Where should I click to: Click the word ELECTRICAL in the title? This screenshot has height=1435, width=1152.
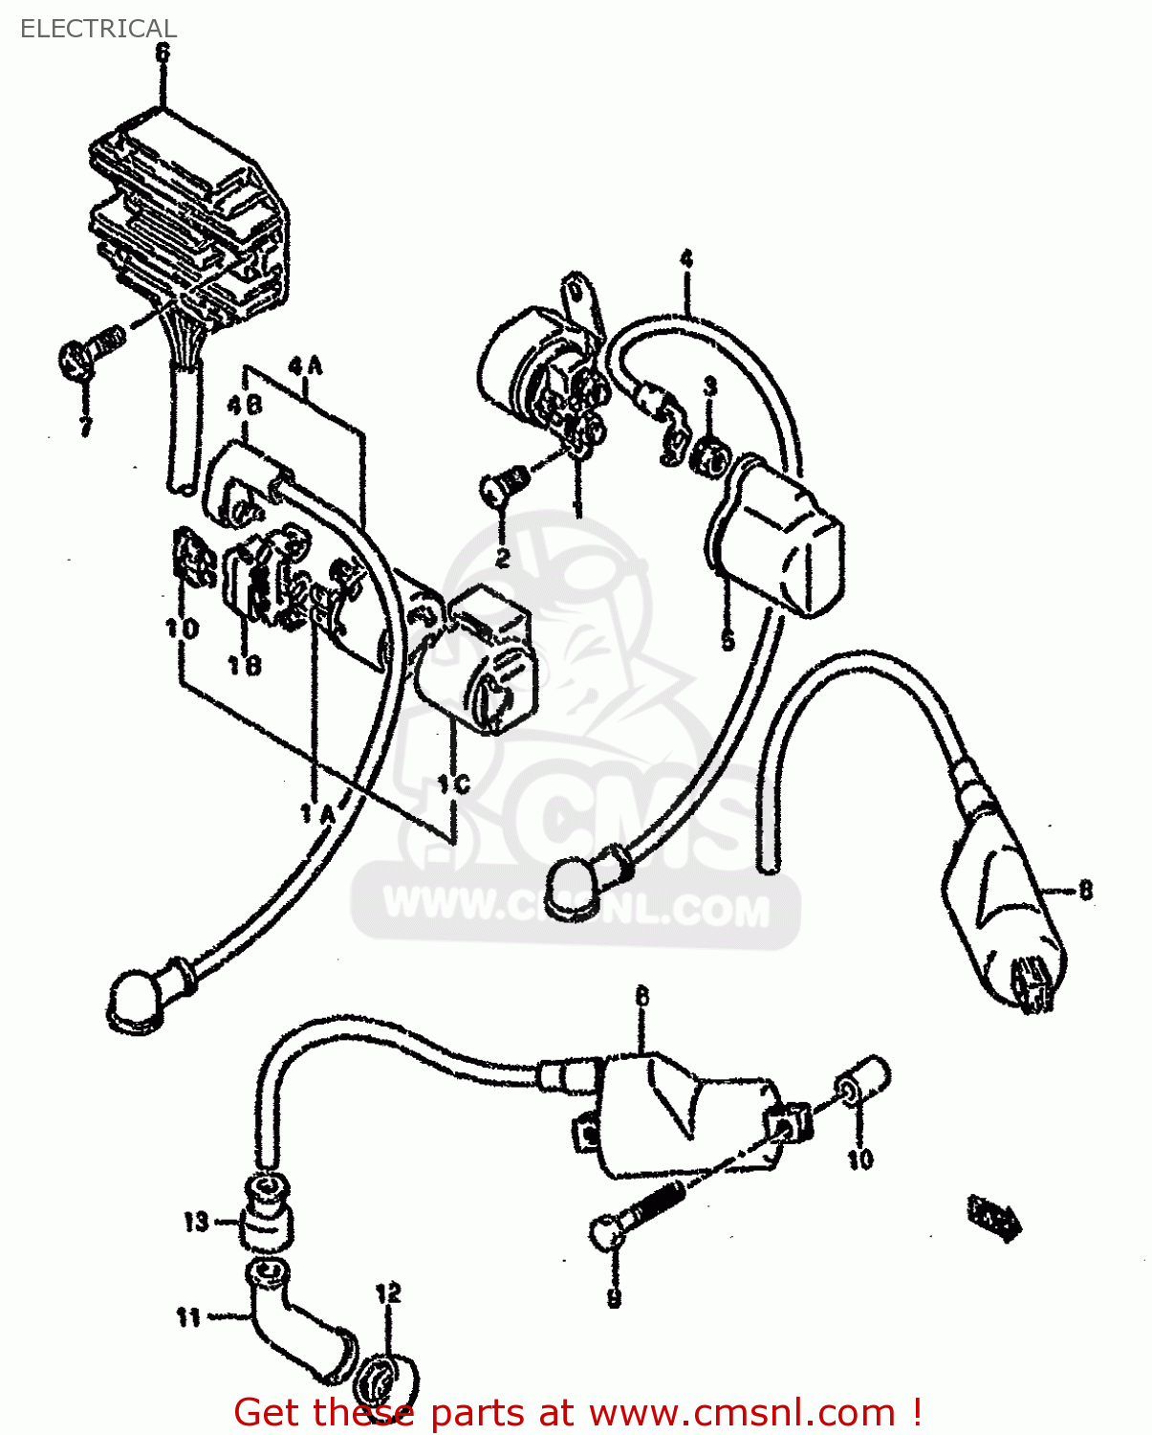click(98, 29)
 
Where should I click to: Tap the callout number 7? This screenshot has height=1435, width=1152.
click(86, 426)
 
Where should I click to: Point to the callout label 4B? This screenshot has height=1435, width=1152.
click(245, 406)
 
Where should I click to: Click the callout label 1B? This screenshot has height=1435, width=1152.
click(244, 664)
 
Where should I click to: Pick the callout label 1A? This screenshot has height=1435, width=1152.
click(317, 813)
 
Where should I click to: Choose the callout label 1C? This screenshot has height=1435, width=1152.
click(453, 784)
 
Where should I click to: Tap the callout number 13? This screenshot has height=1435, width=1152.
click(196, 1222)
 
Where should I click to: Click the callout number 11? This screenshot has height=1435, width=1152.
click(188, 1317)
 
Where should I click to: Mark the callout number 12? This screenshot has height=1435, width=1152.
click(388, 1293)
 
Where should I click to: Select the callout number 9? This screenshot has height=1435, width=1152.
click(614, 1298)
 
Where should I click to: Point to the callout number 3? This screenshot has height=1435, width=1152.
click(709, 386)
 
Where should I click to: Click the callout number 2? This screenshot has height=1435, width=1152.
click(503, 556)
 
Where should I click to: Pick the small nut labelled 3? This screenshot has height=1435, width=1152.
click(709, 458)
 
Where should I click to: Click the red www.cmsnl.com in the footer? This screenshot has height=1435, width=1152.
click(742, 1412)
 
